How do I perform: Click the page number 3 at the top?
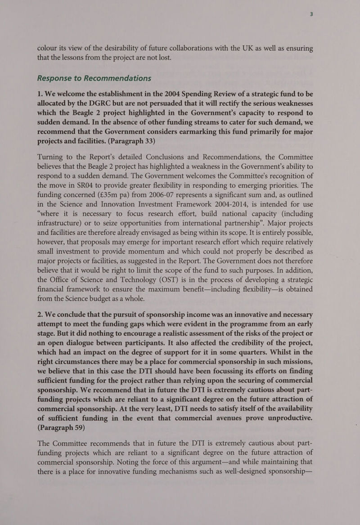(x=310, y=14)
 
